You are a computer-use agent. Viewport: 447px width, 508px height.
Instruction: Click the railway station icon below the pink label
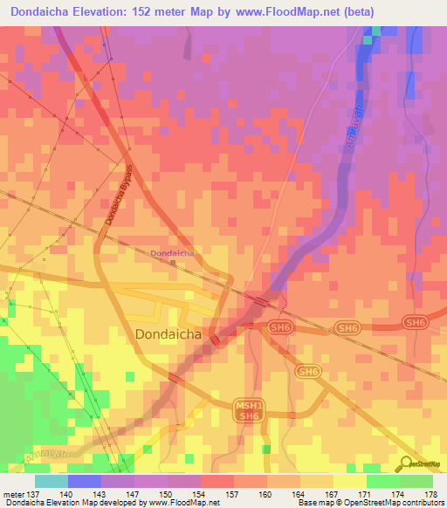click(173, 263)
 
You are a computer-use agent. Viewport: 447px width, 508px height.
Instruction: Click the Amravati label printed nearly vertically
click(353, 128)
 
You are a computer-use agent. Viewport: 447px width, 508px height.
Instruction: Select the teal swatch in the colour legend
click(52, 481)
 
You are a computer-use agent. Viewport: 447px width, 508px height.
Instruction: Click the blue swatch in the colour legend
click(85, 481)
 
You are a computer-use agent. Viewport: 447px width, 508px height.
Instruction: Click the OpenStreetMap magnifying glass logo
click(406, 463)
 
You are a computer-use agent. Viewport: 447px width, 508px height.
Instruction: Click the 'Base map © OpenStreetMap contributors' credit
click(370, 503)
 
